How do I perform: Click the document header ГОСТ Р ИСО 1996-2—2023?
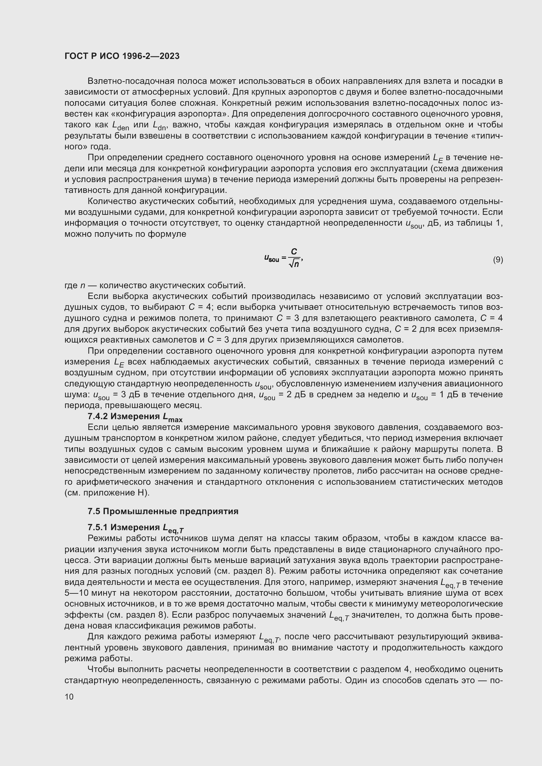coord(122,56)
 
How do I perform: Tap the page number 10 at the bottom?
coord(69,697)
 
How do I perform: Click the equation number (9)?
coord(498,259)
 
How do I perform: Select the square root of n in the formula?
coord(294,264)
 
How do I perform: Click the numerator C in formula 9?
coord(294,252)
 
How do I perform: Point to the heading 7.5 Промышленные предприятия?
coord(163,512)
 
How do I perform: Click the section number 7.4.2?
coord(97,416)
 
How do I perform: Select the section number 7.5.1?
coord(97,527)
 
